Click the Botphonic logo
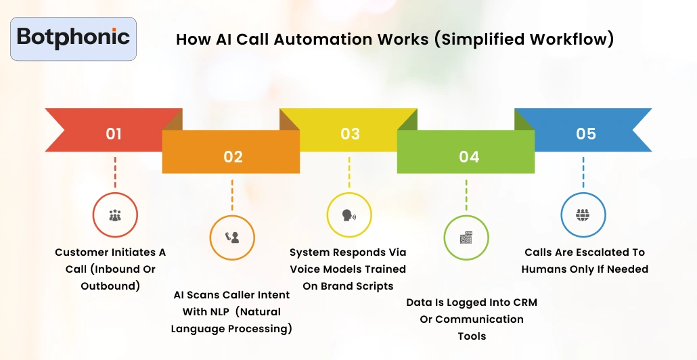point(74,38)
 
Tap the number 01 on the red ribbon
point(114,134)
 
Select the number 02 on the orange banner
point(233,157)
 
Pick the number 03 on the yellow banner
point(350,134)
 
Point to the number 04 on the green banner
point(468,157)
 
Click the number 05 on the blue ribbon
point(586,134)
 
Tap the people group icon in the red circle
point(115,215)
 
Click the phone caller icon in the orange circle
point(232,238)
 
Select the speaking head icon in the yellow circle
point(349,215)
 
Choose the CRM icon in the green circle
point(466,238)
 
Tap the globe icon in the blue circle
point(583,215)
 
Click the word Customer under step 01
point(81,252)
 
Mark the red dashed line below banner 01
point(115,172)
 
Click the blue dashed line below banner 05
point(583,172)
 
